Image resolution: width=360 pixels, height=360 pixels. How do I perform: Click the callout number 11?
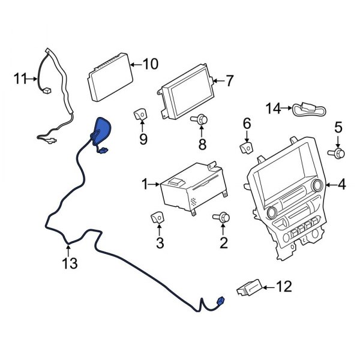coord(21,77)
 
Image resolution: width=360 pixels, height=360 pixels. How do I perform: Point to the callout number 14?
coord(274,109)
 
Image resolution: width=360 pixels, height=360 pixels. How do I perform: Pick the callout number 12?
coord(284,287)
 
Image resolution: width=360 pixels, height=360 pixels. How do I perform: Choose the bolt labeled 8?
coord(202,121)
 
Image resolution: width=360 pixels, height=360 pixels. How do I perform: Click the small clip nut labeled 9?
coord(142,112)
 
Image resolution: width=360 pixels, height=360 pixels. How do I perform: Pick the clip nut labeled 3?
coord(159,218)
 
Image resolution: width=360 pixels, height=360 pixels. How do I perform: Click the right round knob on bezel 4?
coord(317,185)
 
